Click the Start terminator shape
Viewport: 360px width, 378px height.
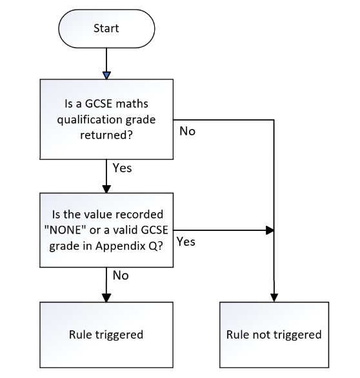coord(106,28)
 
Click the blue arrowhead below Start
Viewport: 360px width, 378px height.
coord(106,75)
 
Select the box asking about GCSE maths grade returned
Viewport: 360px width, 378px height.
coord(106,119)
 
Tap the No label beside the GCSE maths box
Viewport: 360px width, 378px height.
coord(187,132)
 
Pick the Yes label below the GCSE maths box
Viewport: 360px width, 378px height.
coord(122,168)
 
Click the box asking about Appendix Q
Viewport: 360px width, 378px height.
coord(106,230)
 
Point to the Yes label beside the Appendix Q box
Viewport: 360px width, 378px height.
coord(186,241)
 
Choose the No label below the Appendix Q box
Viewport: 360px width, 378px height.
coord(121,275)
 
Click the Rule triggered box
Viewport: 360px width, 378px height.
coord(106,335)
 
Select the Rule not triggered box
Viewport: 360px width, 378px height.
coord(274,335)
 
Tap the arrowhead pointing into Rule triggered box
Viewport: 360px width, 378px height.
coord(106,298)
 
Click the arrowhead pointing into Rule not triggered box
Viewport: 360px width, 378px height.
coord(274,298)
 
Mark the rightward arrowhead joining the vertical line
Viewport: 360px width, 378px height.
coord(270,230)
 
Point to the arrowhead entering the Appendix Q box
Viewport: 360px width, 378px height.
coord(106,189)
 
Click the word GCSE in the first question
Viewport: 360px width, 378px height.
coord(99,104)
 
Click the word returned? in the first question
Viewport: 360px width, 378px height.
coord(106,135)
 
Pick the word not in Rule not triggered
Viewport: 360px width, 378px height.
coord(262,335)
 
